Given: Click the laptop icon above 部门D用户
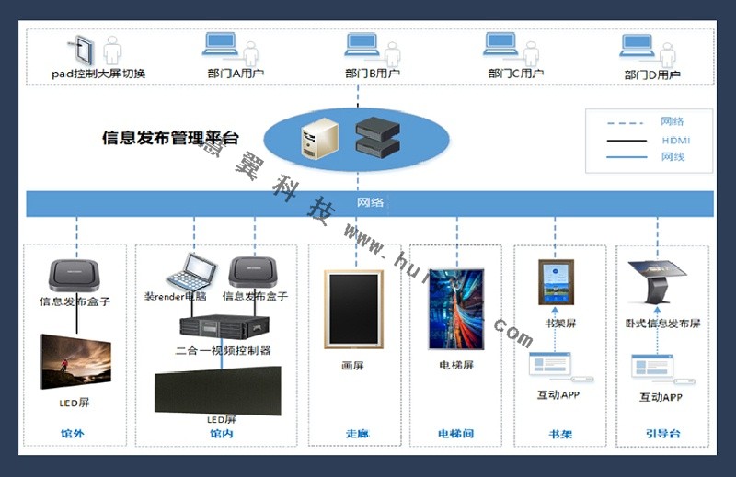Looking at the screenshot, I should click(x=637, y=46).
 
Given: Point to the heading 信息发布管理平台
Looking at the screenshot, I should click(x=170, y=139).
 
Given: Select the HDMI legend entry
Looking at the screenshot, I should click(x=675, y=140).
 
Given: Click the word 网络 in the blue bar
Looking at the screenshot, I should click(x=370, y=202).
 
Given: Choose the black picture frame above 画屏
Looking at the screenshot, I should click(x=353, y=309).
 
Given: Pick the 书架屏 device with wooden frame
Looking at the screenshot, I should click(x=556, y=282).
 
